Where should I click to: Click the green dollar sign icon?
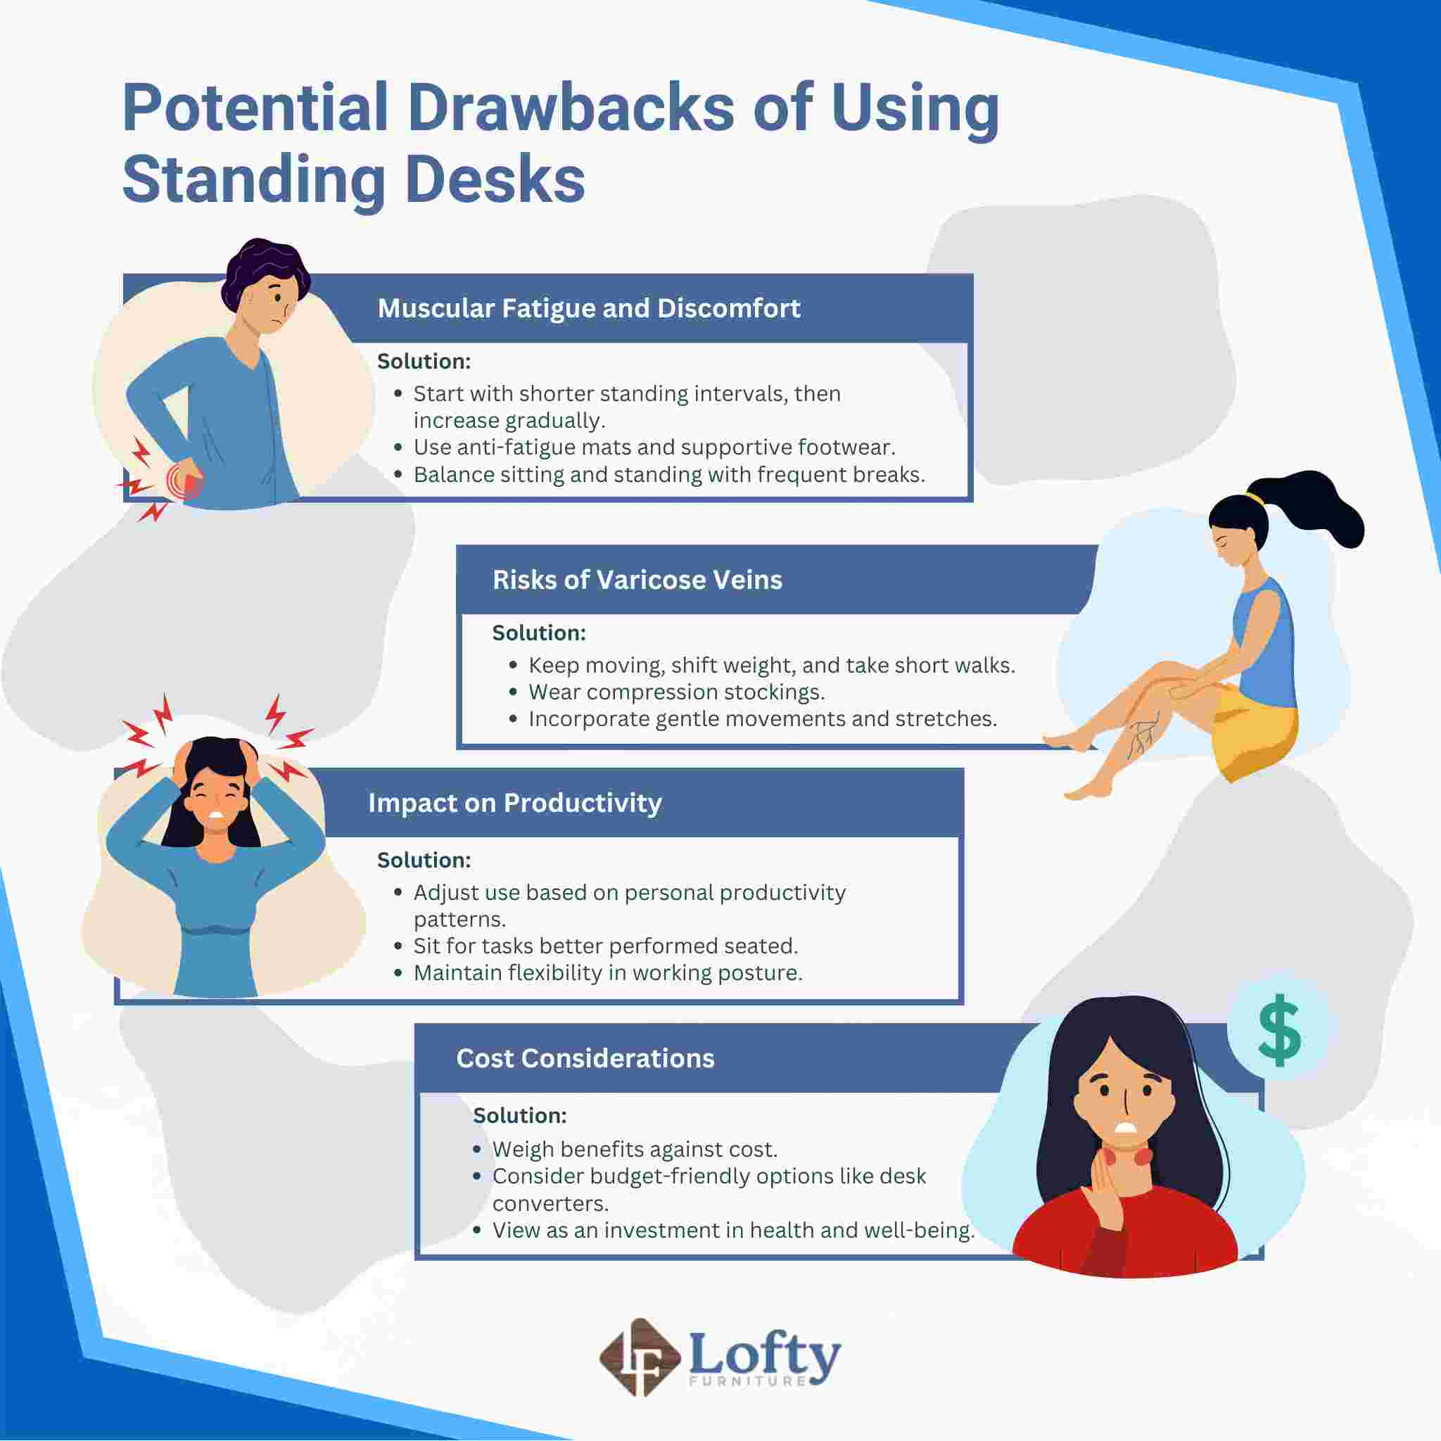(x=1278, y=1030)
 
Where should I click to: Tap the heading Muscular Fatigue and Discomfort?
(x=588, y=308)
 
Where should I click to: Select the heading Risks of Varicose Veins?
(x=636, y=580)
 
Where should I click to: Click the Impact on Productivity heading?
(x=514, y=803)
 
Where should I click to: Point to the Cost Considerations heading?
(x=585, y=1058)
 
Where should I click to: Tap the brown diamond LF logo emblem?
(x=639, y=1357)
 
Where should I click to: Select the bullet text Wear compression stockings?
(x=675, y=692)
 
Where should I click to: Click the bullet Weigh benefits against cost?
(x=634, y=1148)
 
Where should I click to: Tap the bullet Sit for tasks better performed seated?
(x=605, y=946)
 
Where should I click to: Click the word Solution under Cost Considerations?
(x=519, y=1115)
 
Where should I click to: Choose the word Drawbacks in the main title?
(x=571, y=109)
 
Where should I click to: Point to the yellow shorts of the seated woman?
(x=1253, y=735)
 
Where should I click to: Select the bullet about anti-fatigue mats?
(x=654, y=447)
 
